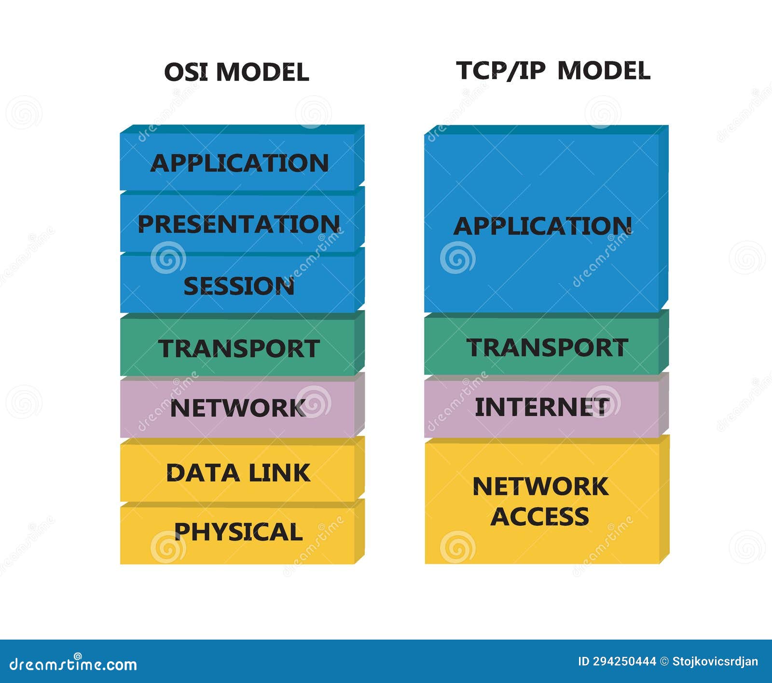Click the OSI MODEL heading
click(x=236, y=72)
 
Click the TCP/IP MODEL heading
click(x=553, y=71)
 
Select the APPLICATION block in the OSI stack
click(x=239, y=163)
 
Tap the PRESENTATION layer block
click(x=239, y=224)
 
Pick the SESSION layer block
click(x=239, y=286)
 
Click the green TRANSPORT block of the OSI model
click(x=239, y=348)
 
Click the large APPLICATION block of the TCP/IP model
click(x=542, y=225)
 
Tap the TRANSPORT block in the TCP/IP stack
click(x=547, y=347)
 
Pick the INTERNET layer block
click(x=542, y=407)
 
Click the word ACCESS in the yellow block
click(x=540, y=517)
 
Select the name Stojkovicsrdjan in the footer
click(x=715, y=661)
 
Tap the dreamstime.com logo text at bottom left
click(x=73, y=664)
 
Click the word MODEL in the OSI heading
click(x=262, y=72)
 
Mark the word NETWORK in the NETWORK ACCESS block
click(x=540, y=486)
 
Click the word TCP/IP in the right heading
click(x=501, y=71)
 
